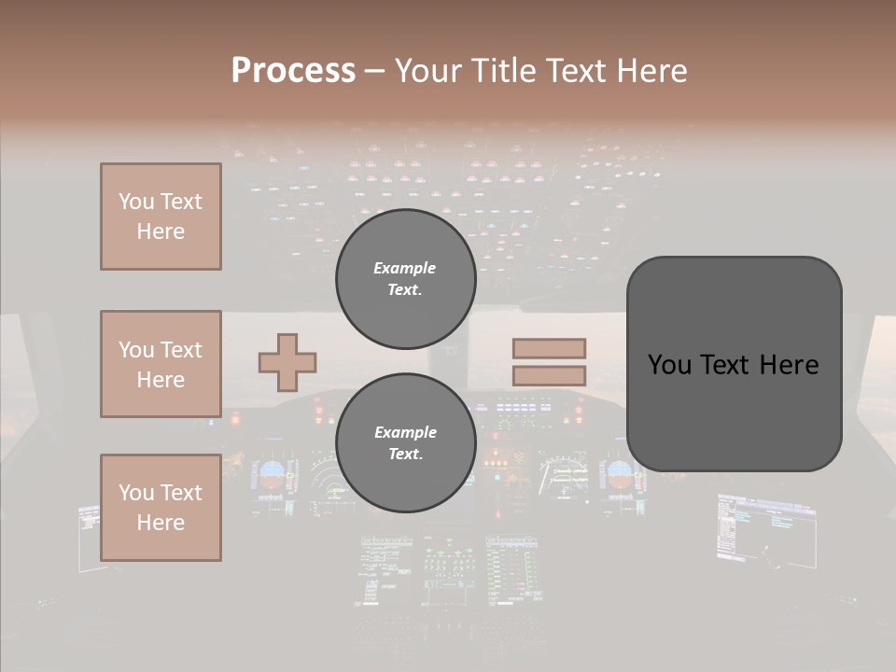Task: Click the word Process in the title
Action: (x=293, y=71)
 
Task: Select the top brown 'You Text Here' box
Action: (x=161, y=217)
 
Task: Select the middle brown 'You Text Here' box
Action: (x=161, y=364)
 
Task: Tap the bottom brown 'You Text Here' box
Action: (x=161, y=508)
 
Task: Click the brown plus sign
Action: (x=287, y=362)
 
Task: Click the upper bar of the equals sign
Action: (x=549, y=348)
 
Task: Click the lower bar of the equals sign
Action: (x=549, y=376)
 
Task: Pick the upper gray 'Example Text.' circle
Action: (x=405, y=279)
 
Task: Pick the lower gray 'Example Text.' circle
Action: (x=405, y=443)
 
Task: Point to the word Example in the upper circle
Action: (x=405, y=268)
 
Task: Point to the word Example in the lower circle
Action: (x=405, y=432)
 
